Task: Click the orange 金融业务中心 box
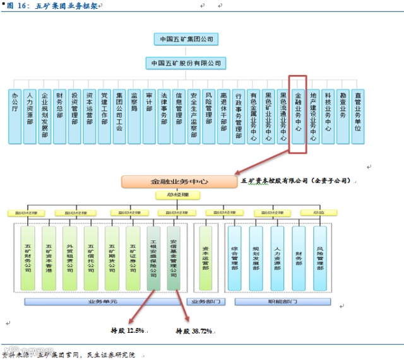[x=180, y=182]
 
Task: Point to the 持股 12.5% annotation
[x=128, y=330]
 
